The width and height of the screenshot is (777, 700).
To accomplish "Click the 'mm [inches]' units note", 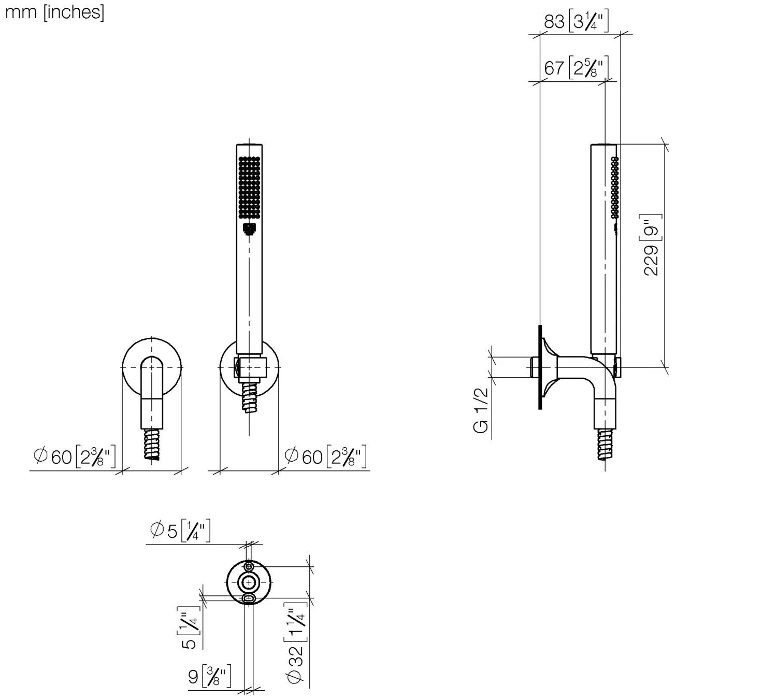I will point(54,12).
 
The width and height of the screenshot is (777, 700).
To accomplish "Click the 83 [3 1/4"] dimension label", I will point(575,22).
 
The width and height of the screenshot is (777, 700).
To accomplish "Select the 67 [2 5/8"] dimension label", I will point(575,68).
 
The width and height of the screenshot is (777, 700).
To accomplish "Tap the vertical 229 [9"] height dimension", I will point(652,245).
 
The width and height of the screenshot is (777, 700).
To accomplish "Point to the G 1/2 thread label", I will point(481,410).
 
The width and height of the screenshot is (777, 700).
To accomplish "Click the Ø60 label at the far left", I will point(74,456).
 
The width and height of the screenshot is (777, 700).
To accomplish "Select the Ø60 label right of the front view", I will point(326,456).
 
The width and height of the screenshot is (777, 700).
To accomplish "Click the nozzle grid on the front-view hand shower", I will point(249,187).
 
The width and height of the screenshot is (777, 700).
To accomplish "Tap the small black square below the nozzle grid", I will point(249,229).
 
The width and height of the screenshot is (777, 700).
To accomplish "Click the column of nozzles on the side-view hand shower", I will point(614,187).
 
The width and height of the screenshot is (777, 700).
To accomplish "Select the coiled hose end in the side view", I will point(605,444).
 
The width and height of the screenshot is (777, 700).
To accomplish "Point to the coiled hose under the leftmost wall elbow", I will point(152,445).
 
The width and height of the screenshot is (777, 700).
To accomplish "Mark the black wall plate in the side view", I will point(540,367).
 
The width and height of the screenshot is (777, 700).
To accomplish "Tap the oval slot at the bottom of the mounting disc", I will point(249,599).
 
